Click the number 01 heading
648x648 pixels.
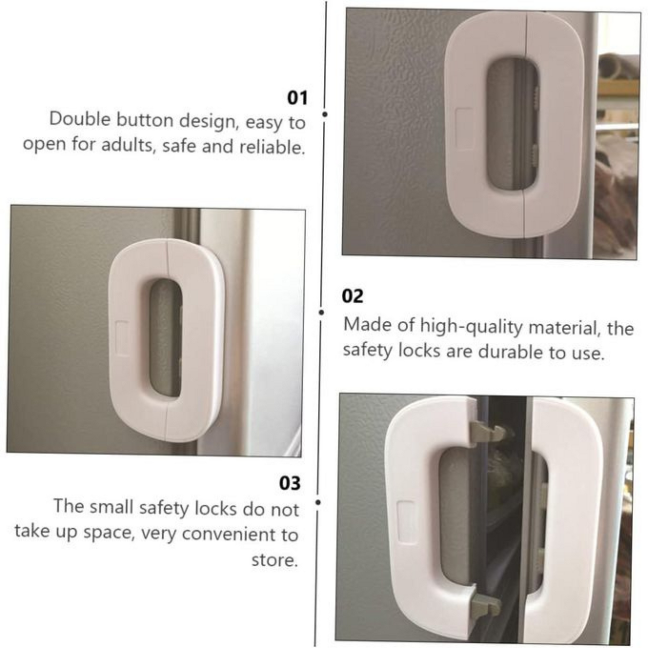[297, 98]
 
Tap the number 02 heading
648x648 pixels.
[352, 296]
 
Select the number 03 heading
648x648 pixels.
[290, 483]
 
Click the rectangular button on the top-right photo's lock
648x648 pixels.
[465, 129]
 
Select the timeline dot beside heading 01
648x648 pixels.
[324, 114]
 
